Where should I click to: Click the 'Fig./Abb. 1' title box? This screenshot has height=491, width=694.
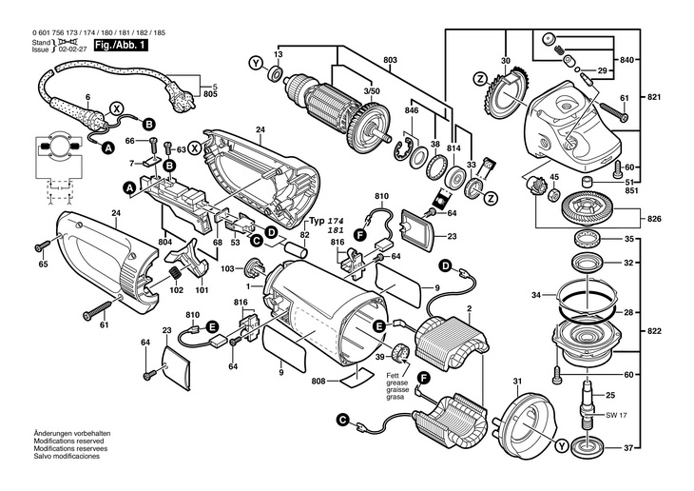pyautogui.click(x=121, y=46)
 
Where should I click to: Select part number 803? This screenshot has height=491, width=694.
pyautogui.click(x=390, y=60)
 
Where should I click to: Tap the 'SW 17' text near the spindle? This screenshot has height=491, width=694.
pyautogui.click(x=616, y=415)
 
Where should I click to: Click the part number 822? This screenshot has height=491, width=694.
pyautogui.click(x=654, y=331)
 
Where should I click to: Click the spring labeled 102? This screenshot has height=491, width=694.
pyautogui.click(x=176, y=272)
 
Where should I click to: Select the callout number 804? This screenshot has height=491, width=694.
pyautogui.click(x=166, y=242)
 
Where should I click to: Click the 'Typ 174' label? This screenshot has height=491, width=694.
pyautogui.click(x=327, y=221)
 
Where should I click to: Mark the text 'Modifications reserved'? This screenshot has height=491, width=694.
pyautogui.click(x=69, y=441)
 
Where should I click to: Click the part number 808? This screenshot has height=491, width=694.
pyautogui.click(x=318, y=381)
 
